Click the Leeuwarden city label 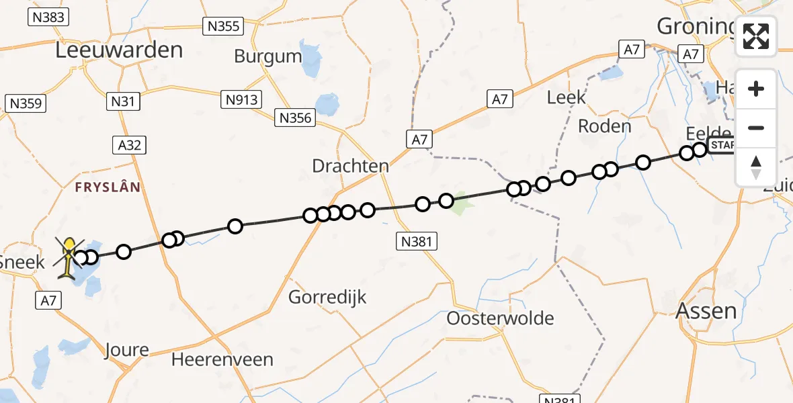(x=119, y=50)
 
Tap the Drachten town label (x=350, y=166)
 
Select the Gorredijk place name (x=327, y=296)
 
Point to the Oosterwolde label (x=501, y=318)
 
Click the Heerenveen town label (x=222, y=359)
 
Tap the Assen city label (x=706, y=311)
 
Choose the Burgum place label (x=268, y=56)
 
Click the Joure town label (x=127, y=350)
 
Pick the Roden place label (x=605, y=126)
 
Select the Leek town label (x=567, y=98)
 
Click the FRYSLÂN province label (x=108, y=187)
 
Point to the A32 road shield (x=129, y=145)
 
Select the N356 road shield (x=295, y=118)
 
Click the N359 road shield (x=25, y=103)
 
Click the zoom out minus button (x=756, y=128)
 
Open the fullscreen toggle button (x=756, y=36)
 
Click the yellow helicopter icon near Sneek (x=69, y=258)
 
